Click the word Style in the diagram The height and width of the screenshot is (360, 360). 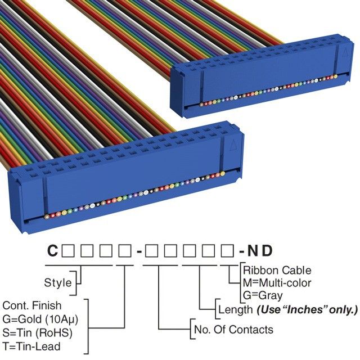pyautogui.click(x=58, y=282)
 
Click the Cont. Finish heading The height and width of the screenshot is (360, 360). pyautogui.click(x=33, y=305)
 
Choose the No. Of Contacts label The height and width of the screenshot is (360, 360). pyautogui.click(x=233, y=330)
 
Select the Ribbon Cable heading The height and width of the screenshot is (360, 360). pyautogui.click(x=277, y=271)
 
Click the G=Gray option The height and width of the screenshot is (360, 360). pyautogui.click(x=263, y=295)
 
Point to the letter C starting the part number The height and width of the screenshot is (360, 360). pyautogui.click(x=52, y=251)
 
